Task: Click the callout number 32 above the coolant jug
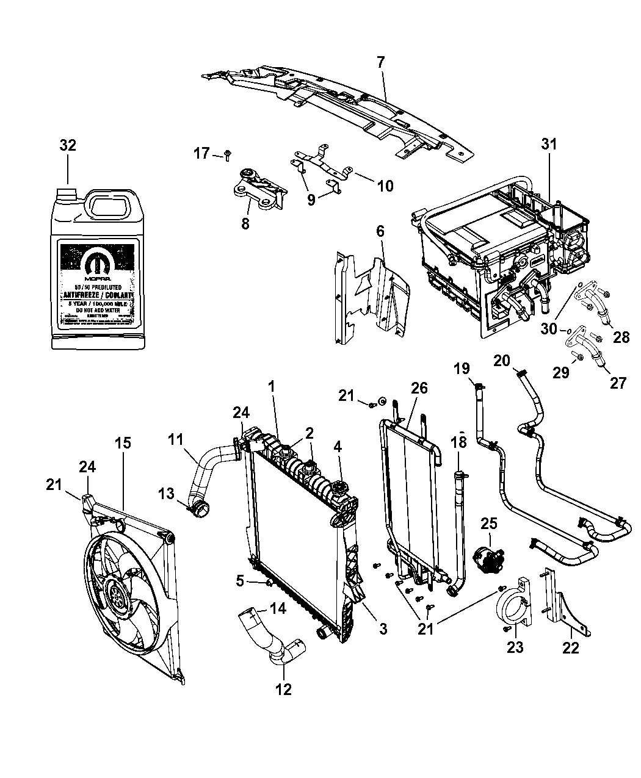68,145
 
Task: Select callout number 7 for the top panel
380,62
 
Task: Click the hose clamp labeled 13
197,506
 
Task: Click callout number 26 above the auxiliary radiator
419,388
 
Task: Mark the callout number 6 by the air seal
380,231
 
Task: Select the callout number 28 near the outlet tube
621,336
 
